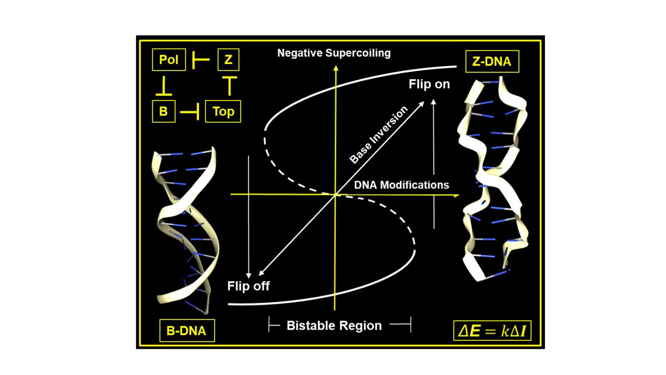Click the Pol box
coord(169,60)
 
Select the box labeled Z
coord(228,60)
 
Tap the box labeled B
coord(164,112)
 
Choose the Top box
coord(223,112)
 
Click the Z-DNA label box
coord(492,62)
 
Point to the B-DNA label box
coord(187,331)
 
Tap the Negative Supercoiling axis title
coord(334,53)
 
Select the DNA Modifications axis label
coord(401,185)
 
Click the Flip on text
coord(429,84)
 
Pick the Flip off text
coord(248,286)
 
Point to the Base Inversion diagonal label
coord(379,135)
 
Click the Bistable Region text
coord(334,325)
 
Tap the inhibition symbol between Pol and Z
coord(200,60)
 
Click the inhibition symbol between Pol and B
coord(164,87)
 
